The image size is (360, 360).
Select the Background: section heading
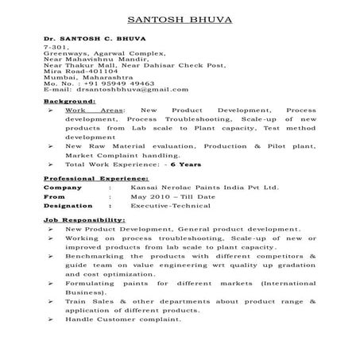[x=70, y=103]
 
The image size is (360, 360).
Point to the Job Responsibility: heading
[x=84, y=218]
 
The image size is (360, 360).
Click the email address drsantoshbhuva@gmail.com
[x=127, y=90]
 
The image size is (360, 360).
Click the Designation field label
[x=69, y=204]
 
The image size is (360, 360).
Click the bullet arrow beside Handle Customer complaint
[x=50, y=319]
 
